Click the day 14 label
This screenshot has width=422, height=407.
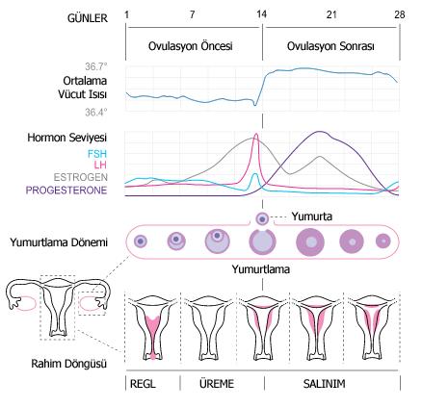(x=262, y=14)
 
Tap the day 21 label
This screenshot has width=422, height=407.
(x=331, y=14)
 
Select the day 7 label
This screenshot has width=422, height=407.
(x=192, y=14)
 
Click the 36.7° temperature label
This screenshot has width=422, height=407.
(x=95, y=66)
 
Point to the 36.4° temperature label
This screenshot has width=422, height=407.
(x=95, y=113)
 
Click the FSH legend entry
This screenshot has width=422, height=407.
(x=97, y=154)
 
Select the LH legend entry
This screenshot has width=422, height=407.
(x=100, y=165)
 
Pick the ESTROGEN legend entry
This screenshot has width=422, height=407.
(x=80, y=177)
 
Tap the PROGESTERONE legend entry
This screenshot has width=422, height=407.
(x=66, y=191)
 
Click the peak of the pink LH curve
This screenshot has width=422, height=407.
(x=256, y=134)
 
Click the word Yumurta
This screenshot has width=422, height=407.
(x=311, y=216)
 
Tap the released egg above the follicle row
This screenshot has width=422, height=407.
(x=262, y=219)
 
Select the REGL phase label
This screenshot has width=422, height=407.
(x=143, y=384)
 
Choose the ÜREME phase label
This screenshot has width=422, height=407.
(x=217, y=384)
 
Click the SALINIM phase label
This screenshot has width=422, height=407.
(x=324, y=384)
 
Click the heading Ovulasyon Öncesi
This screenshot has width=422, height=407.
(x=191, y=46)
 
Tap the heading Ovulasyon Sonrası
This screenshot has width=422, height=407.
(x=330, y=46)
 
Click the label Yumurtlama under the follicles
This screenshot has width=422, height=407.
(x=261, y=269)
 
